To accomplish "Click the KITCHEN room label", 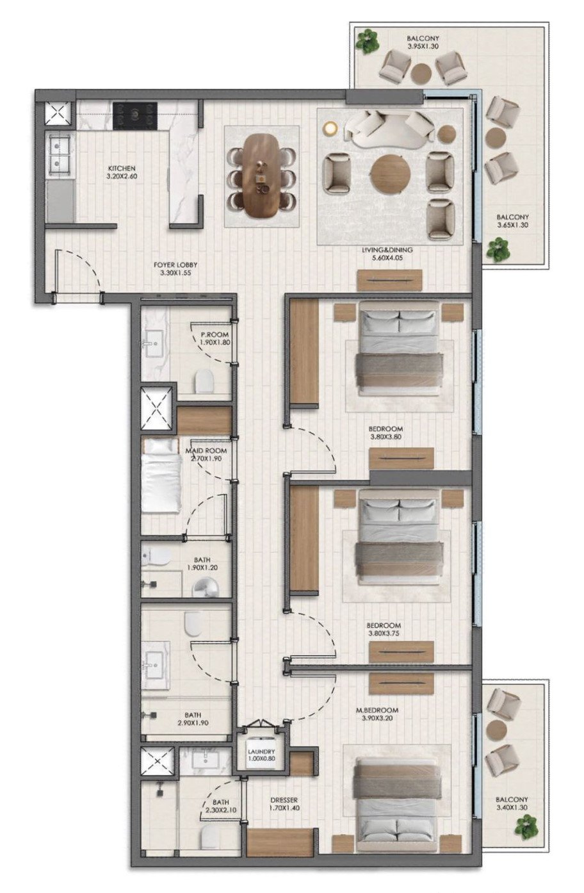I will tap(121, 168).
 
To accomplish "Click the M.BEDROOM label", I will tap(377, 710).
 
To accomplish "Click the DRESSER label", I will tap(284, 800).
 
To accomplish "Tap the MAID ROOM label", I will tap(206, 450).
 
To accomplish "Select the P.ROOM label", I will tap(215, 334).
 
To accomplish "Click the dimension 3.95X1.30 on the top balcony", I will tap(423, 47).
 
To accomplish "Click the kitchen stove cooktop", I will tap(134, 116).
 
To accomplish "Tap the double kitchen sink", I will tap(59, 156).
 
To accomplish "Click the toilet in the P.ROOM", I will tap(204, 382).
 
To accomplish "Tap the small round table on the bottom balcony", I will tap(496, 728).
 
